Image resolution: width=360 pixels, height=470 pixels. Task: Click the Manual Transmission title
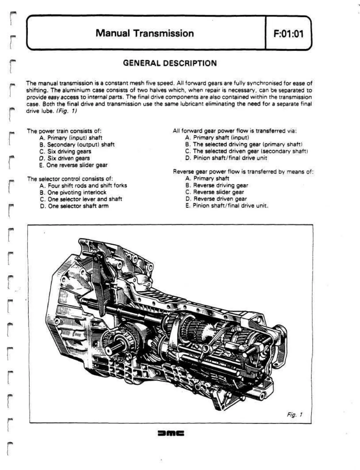[x=145, y=33]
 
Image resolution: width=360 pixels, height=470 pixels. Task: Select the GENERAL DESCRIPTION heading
[x=170, y=63]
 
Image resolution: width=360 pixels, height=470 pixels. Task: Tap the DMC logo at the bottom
[x=171, y=433]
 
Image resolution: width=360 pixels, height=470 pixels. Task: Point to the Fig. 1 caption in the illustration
[x=295, y=415]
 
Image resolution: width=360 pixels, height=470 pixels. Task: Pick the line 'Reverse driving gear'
[x=220, y=185]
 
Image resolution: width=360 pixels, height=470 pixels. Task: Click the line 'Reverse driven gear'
[x=220, y=199]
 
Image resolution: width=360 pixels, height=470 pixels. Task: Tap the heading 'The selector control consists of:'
[x=70, y=179]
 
